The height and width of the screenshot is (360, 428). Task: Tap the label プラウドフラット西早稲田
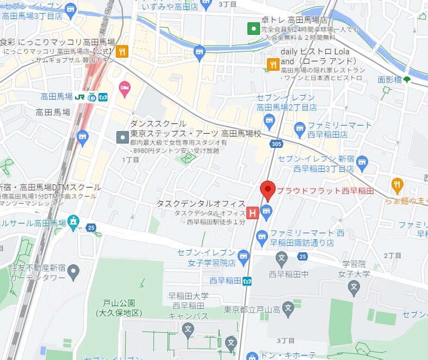pos(325,191)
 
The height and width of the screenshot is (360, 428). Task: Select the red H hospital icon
pos(252,213)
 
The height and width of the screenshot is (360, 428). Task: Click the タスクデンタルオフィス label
pos(201,203)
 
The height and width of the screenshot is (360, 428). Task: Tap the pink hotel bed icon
pos(125,87)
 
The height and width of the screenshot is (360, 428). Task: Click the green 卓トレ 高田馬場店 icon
pos(253,28)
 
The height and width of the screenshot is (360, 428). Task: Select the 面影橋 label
pos(390,80)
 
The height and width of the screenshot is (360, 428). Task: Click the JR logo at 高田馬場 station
pos(80,97)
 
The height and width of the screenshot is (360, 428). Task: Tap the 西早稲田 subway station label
pos(225,281)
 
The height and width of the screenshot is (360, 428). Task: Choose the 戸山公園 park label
pos(119,308)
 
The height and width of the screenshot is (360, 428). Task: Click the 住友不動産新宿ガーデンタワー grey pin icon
pos(74,270)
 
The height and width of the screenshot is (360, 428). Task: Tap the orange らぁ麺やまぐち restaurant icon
pos(397,184)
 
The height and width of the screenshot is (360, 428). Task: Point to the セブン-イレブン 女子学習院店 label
pos(206,258)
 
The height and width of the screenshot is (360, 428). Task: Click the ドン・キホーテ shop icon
pos(252,356)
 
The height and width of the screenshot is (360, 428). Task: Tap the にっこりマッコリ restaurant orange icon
pos(122,52)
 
